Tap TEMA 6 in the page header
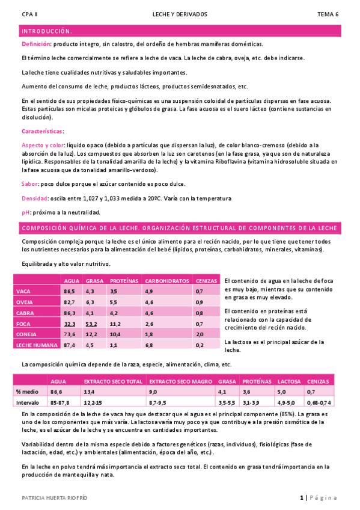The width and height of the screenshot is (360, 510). click(x=328, y=14)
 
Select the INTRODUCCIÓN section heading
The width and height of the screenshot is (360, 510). click(x=47, y=31)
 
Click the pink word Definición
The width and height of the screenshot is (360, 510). click(x=36, y=44)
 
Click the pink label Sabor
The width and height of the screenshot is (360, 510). click(x=30, y=184)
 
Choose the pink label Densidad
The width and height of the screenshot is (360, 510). click(x=34, y=198)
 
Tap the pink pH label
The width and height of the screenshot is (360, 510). click(x=26, y=212)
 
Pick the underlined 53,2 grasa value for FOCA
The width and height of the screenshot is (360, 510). click(x=92, y=324)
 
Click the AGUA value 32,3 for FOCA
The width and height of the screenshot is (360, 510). click(x=70, y=324)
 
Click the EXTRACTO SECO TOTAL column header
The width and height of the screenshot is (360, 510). click(x=113, y=381)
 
